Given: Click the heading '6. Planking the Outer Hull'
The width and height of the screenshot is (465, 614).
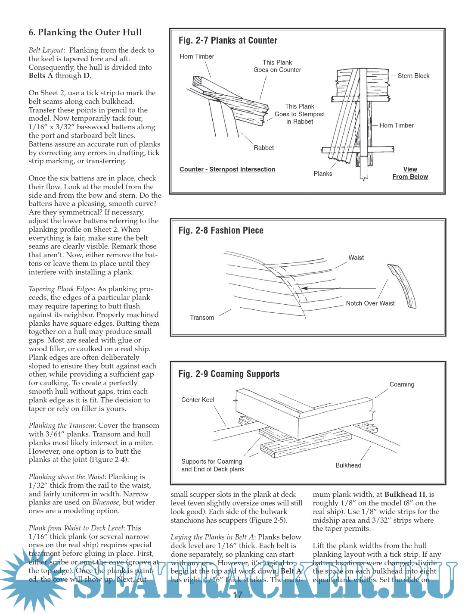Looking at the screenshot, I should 85,32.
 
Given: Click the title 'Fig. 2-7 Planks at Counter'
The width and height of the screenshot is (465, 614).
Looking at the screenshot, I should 228,41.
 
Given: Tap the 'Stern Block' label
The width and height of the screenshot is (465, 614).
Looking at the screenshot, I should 413,76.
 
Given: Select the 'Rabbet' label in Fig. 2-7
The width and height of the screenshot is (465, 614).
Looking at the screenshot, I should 263,148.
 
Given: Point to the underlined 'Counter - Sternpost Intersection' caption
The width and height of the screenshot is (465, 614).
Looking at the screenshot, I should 227,169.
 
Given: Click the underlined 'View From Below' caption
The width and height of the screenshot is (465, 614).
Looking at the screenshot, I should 410,173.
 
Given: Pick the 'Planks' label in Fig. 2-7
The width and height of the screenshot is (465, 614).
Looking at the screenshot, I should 323,174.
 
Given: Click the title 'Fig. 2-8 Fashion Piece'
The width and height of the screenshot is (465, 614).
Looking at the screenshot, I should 221,231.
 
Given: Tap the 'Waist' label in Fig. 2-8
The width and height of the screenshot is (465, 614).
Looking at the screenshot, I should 356,258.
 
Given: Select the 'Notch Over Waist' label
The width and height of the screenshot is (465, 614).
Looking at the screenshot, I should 370,303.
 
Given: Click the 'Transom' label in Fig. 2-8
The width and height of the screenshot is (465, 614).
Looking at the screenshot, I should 202,318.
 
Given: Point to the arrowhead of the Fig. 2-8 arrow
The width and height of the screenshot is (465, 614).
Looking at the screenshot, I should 304,288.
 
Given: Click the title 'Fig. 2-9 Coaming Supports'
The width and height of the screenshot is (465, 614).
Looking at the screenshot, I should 229,374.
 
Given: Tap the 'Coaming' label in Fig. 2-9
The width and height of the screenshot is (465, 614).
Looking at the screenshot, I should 402,384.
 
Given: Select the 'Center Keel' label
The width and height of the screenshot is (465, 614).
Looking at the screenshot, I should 198,400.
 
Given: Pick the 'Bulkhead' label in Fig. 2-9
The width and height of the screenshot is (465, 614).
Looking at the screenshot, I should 348,465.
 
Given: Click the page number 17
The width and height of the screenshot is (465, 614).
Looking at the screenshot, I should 237,595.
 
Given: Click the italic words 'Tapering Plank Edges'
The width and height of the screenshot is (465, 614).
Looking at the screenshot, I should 61,289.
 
